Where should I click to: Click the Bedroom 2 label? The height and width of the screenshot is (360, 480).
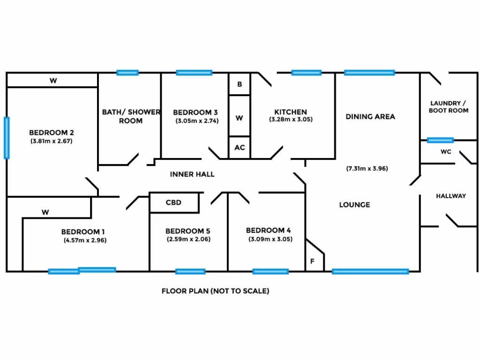51,132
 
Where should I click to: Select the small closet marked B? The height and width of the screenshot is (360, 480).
240,84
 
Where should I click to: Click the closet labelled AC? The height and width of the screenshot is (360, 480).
240,147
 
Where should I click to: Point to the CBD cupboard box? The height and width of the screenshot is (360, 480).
174,202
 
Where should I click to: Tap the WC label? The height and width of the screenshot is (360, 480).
445,152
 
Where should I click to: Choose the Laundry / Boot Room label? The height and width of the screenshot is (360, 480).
448,107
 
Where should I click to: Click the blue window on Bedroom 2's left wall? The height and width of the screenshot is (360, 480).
7,138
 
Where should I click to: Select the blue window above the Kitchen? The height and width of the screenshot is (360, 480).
307,73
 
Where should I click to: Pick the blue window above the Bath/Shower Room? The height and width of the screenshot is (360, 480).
127,73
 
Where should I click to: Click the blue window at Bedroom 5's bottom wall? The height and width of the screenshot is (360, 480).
190,271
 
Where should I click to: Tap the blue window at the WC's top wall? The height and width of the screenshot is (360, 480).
440,140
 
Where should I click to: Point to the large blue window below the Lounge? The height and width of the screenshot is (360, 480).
370,271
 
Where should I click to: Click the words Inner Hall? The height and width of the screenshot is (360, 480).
192,174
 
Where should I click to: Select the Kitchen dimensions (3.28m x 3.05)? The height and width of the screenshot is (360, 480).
291,120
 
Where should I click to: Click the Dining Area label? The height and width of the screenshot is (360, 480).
370,116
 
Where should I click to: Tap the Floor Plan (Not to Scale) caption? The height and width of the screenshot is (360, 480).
216,291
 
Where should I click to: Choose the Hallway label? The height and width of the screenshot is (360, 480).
451,196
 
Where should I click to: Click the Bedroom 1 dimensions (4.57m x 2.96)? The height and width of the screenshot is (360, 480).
85,240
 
